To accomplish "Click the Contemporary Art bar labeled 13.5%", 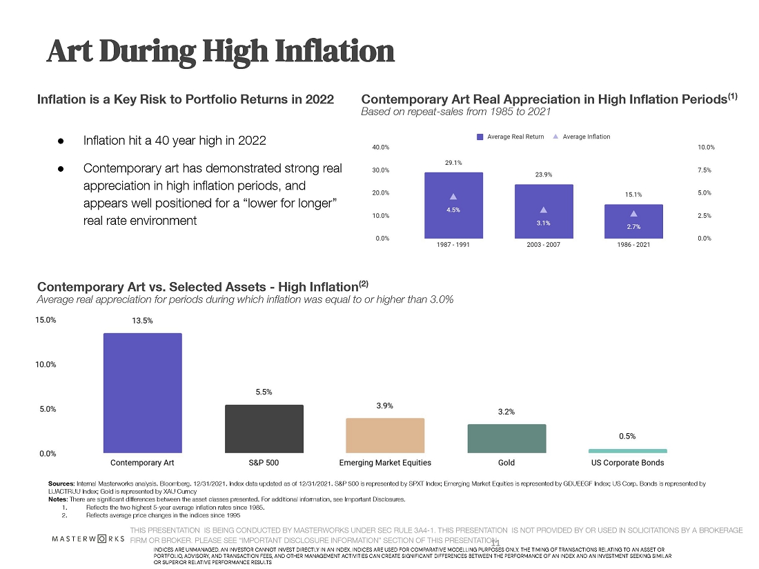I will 143,393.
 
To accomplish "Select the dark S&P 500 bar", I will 264,428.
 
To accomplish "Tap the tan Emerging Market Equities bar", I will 385,435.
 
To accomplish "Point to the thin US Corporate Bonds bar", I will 628,450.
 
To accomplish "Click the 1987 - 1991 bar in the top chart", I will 453,205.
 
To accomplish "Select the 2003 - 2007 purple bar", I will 544,211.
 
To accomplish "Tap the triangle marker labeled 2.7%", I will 633,214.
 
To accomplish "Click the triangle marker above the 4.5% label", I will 453,197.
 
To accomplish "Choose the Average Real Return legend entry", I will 511,137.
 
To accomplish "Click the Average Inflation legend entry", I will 582,137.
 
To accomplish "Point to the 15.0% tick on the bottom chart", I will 46,320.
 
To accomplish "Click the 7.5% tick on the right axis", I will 706,170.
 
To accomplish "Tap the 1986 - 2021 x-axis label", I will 633,246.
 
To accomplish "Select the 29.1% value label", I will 453,163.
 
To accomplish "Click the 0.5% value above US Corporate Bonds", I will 627,436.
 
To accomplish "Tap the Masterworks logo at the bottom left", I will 88,537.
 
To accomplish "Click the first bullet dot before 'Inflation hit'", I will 61,141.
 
